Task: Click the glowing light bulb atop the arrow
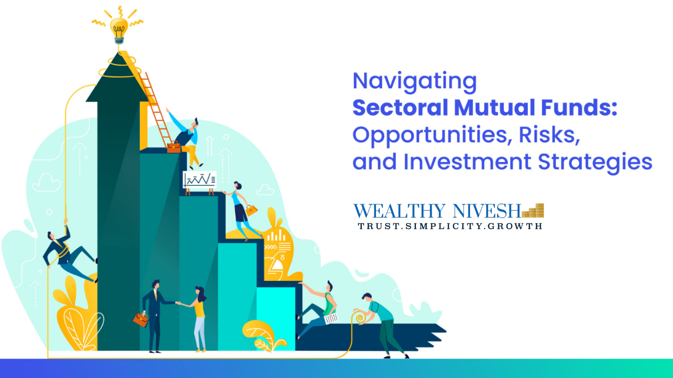pos(119,30)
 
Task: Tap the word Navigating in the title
pos(415,81)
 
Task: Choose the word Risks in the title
pos(549,135)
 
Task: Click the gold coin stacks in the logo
pos(533,211)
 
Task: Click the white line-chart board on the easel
pos(199,180)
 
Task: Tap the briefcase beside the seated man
pos(174,147)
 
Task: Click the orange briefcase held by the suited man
pos(141,320)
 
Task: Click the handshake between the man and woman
pos(178,303)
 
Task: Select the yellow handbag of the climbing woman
pos(251,210)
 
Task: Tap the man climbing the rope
pos(68,252)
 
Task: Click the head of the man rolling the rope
pos(367,297)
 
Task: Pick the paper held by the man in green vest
pos(331,318)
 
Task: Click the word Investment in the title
pos(467,162)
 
